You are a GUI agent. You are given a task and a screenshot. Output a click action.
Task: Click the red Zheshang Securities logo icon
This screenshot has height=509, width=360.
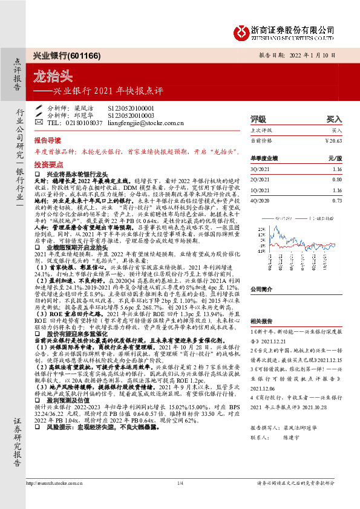tap(241, 30)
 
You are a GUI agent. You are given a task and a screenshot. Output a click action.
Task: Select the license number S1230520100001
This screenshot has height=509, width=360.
tap(131, 107)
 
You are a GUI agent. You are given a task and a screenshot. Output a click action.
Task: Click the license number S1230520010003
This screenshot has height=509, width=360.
tap(131, 114)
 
